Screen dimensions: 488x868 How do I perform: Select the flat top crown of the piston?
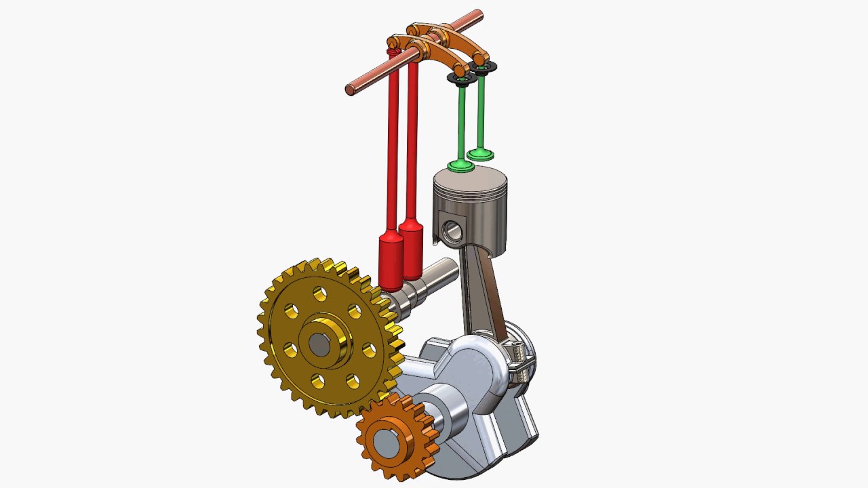tap(470, 178)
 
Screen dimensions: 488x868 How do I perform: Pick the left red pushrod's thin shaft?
tap(393, 149)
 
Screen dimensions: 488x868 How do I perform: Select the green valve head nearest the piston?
tap(461, 165)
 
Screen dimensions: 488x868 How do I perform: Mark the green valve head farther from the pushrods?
tap(480, 155)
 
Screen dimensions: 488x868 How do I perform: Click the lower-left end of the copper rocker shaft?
tap(350, 89)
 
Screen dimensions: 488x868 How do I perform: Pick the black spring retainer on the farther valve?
tap(484, 66)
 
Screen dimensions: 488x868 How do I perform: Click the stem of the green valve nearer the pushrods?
tap(461, 122)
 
